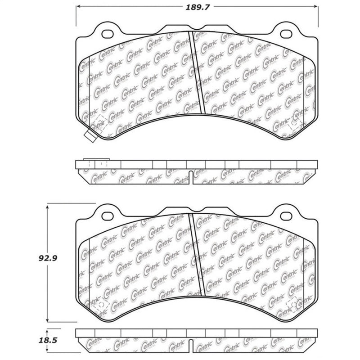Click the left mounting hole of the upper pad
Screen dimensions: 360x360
click(x=108, y=34)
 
